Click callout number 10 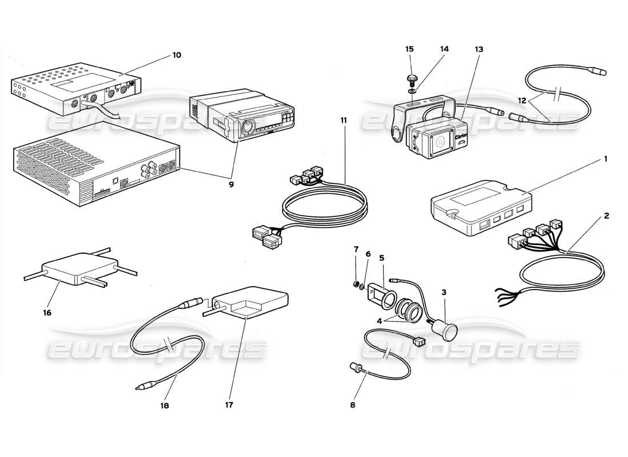pos(176,55)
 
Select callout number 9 pos(231,184)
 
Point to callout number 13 pos(478,50)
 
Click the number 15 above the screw pos(409,50)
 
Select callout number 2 pos(606,215)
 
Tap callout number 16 pos(47,313)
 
